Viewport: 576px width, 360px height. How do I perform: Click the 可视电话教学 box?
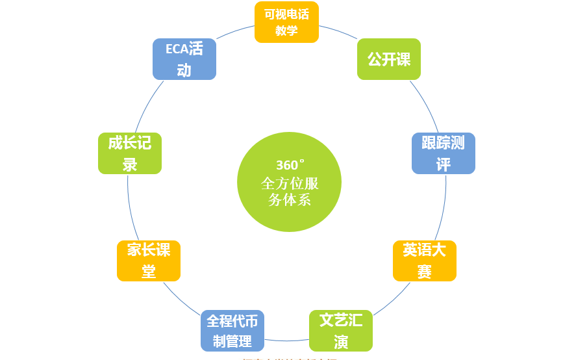tap(286, 22)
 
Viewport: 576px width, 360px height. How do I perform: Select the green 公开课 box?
tap(389, 59)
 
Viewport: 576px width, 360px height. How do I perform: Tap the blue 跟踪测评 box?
tap(444, 153)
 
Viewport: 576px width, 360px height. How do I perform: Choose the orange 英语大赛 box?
tap(425, 261)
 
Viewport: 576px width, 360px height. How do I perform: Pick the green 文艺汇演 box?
tap(341, 330)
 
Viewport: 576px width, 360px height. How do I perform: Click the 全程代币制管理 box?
tap(232, 330)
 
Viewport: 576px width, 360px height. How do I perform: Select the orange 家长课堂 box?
tap(149, 261)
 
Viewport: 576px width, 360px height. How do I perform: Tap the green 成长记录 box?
tap(130, 153)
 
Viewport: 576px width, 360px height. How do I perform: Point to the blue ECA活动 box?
tap(184, 59)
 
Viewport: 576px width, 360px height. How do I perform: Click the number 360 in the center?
tap(286, 165)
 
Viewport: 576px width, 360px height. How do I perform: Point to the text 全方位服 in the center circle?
tap(290, 183)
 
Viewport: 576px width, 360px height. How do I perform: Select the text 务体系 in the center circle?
tap(290, 199)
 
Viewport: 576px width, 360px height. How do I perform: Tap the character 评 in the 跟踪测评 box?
tap(444, 164)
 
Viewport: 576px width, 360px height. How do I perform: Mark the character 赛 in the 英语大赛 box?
tap(425, 271)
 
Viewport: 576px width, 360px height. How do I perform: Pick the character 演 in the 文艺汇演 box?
tap(341, 341)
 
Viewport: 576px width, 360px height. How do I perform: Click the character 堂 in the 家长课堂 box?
tap(149, 271)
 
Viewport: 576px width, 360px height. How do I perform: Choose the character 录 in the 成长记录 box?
tap(130, 164)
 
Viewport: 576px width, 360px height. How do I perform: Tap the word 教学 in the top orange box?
tap(286, 31)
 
